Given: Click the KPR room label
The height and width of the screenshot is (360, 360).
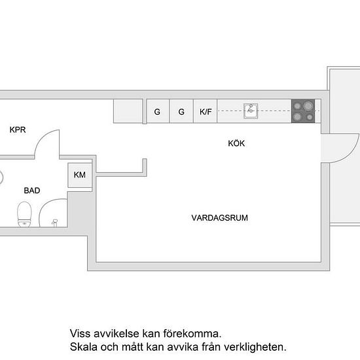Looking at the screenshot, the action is (x=18, y=130).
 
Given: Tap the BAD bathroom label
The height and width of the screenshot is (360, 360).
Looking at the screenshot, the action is (x=32, y=190).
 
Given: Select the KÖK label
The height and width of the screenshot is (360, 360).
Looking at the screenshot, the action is (x=236, y=143).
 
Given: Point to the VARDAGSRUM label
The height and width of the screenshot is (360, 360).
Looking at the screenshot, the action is (x=220, y=218).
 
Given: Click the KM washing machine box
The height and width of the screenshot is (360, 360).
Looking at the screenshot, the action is (x=80, y=175).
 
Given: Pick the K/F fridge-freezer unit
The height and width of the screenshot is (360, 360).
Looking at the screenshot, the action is (x=206, y=111).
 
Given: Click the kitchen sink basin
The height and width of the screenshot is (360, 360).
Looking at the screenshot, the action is (x=251, y=111).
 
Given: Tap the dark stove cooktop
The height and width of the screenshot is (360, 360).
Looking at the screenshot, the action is (x=303, y=111).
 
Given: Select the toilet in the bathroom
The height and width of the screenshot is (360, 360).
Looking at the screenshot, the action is (x=24, y=214).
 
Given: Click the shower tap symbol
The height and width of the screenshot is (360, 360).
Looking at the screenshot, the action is (x=54, y=223).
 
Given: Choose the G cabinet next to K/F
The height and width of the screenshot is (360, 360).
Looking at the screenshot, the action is (x=181, y=111).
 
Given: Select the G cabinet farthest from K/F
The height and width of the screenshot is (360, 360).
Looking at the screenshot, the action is (x=158, y=111).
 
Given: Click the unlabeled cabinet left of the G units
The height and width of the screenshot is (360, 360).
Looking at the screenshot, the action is (x=128, y=111).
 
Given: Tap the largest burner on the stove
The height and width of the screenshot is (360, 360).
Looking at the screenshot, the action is (x=308, y=106).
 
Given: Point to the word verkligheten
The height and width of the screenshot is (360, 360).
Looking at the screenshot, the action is (x=255, y=347).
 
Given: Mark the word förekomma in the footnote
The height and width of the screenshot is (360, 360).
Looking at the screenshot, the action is (x=192, y=333).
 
